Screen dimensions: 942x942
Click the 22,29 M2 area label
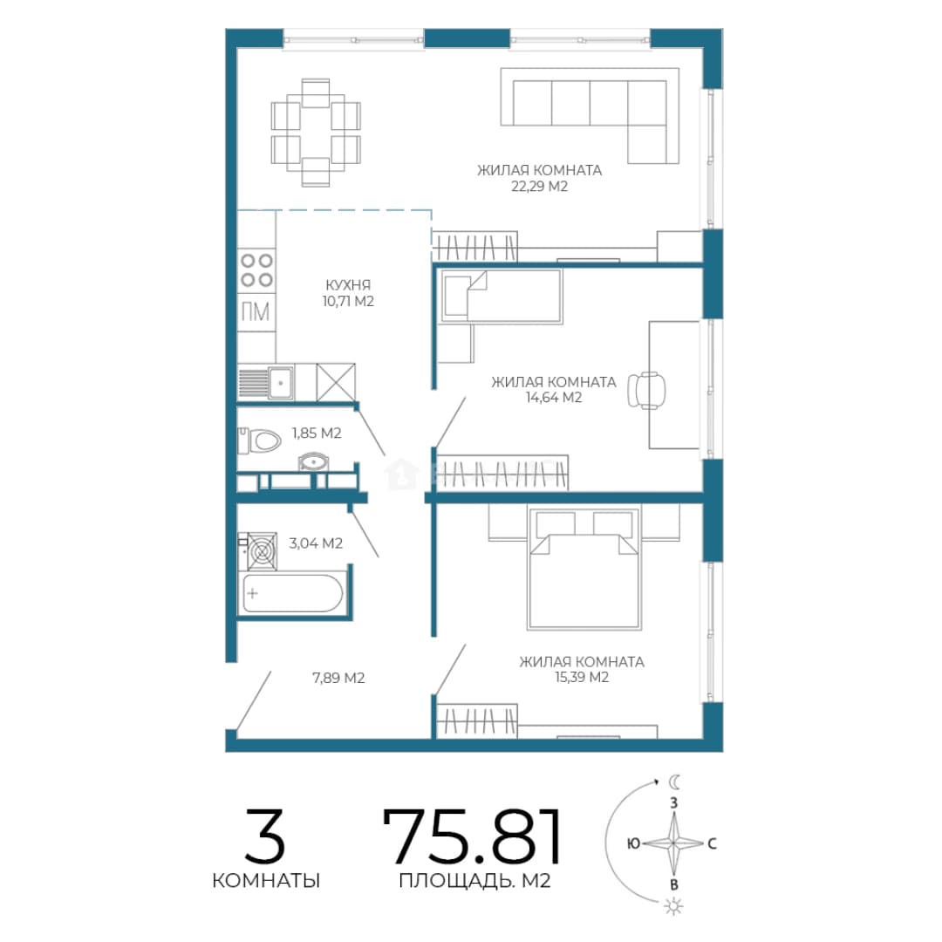click(x=539, y=187)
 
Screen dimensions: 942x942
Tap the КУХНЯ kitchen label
click(x=348, y=284)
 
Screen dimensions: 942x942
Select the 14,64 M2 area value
click(x=553, y=397)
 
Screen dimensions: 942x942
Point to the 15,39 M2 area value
click(x=582, y=677)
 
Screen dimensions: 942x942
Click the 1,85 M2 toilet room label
click(x=317, y=433)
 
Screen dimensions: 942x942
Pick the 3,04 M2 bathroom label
click(x=316, y=543)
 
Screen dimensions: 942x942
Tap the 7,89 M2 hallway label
click(x=338, y=678)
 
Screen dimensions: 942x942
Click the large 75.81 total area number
click(x=472, y=836)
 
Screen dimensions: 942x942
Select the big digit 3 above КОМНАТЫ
click(x=265, y=836)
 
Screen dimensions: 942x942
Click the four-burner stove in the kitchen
click(x=256, y=270)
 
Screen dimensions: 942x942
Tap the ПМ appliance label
click(x=256, y=311)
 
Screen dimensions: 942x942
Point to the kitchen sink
click(x=280, y=383)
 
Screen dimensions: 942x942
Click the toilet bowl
click(x=260, y=440)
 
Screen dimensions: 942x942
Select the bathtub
click(x=292, y=594)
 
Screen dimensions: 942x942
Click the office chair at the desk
click(x=646, y=390)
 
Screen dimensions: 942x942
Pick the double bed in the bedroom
click(x=583, y=567)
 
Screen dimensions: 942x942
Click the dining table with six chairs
click(x=316, y=133)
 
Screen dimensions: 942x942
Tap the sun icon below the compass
click(x=674, y=906)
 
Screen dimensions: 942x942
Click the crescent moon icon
click(x=675, y=782)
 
